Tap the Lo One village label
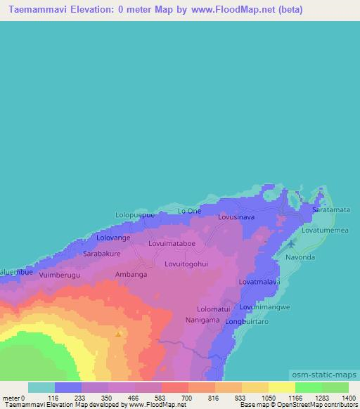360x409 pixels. point(189,211)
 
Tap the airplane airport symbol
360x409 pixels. point(292,244)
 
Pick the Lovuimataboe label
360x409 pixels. point(172,244)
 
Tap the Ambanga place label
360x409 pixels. point(131,275)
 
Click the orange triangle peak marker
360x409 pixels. point(117,334)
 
